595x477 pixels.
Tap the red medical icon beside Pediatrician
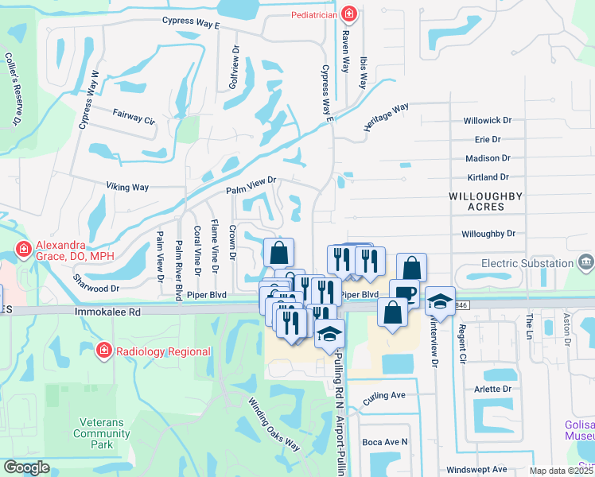click(x=348, y=14)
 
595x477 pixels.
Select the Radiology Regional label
click(x=162, y=351)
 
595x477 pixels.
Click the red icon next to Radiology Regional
click(x=103, y=351)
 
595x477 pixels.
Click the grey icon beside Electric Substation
click(x=586, y=262)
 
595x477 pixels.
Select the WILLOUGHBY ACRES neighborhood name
click(x=486, y=200)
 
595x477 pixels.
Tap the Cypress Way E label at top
click(x=190, y=21)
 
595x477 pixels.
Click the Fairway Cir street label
click(x=134, y=115)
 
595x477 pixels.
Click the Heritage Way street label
click(x=387, y=116)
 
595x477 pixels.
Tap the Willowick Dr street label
click(x=490, y=122)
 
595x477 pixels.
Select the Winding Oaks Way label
click(x=274, y=425)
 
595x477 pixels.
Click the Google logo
click(x=26, y=468)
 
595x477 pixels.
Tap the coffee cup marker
click(x=404, y=292)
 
